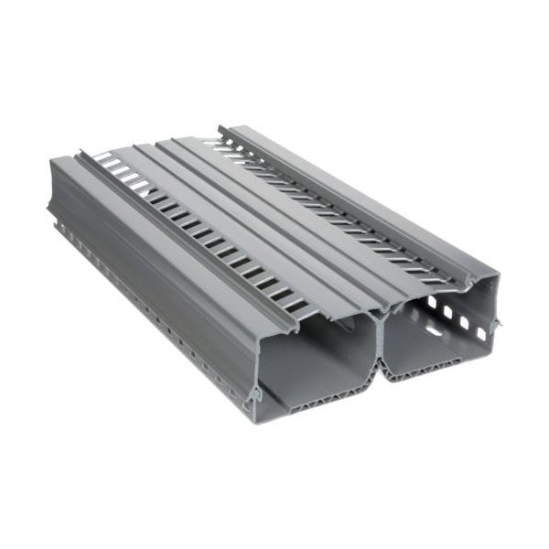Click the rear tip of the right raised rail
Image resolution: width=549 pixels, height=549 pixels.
[x=221, y=129]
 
